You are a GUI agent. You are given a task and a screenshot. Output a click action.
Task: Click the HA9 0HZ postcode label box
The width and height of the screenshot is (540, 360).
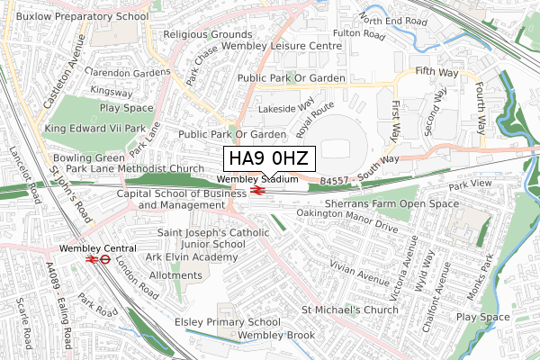click(x=268, y=159)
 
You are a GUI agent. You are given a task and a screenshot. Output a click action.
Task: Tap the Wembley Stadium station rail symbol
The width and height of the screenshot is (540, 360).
click(x=256, y=190)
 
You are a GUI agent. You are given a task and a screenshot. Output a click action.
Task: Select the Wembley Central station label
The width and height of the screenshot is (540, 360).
click(x=98, y=247)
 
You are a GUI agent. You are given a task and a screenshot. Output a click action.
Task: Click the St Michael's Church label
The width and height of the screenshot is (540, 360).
click(x=350, y=310)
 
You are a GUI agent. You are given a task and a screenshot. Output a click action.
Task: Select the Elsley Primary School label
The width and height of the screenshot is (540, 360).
click(x=227, y=322)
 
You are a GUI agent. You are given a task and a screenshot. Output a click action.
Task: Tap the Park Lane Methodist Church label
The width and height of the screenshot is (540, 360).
click(x=135, y=168)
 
